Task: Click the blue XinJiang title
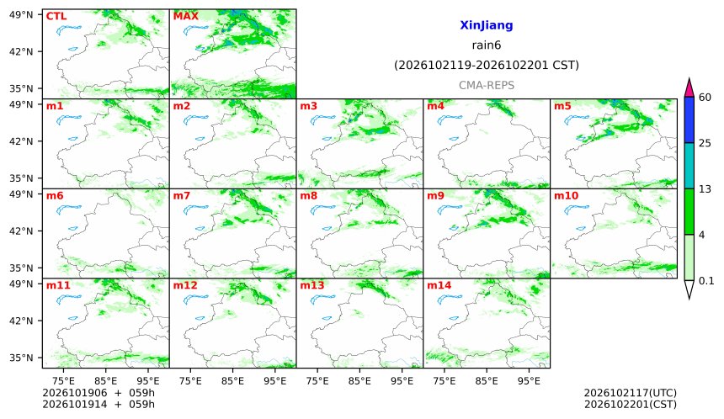tap(487, 25)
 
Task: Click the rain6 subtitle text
tap(487, 45)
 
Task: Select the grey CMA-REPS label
tap(487, 85)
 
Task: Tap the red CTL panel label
tap(56, 16)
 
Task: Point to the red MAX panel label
tap(185, 16)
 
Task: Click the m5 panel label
tap(562, 106)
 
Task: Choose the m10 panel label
tap(566, 196)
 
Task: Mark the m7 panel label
tap(182, 196)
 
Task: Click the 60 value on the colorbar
tap(705, 98)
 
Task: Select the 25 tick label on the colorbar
tap(705, 143)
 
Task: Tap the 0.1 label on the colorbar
tap(706, 280)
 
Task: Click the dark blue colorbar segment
tap(689, 120)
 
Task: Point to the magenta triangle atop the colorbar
tap(689, 88)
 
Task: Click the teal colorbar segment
tap(689, 166)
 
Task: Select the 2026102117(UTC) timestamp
tap(631, 393)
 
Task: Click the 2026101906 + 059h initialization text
tap(98, 393)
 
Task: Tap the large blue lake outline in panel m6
tap(68, 209)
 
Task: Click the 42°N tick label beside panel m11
tap(21, 321)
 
